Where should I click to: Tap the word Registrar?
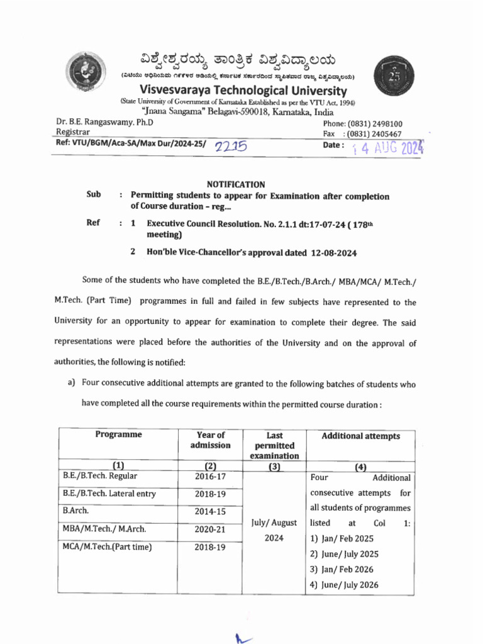click(73, 133)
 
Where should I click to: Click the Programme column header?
click(118, 435)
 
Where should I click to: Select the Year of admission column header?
click(210, 440)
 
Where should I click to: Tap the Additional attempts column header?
click(360, 436)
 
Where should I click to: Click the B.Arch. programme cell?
click(76, 511)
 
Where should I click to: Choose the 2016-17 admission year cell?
click(210, 476)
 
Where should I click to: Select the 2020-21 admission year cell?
click(210, 530)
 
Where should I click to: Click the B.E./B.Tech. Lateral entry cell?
click(109, 494)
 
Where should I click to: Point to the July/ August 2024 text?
click(274, 530)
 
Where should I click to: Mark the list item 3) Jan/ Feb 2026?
click(341, 569)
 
